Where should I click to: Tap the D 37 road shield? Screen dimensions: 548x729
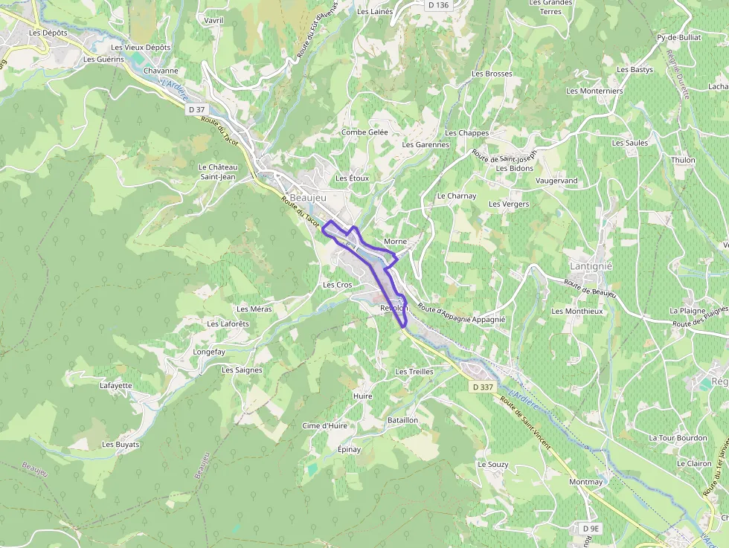pos(196,109)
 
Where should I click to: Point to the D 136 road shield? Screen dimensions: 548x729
pos(439,5)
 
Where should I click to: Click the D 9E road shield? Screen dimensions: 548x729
pos(591,529)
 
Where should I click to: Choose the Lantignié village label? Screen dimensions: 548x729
pos(591,265)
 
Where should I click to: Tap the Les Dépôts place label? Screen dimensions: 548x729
pos(48,33)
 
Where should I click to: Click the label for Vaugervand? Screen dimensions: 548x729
pos(556,181)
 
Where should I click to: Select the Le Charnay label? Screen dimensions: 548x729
pos(456,196)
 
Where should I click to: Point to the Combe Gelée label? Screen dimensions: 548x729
pos(364,132)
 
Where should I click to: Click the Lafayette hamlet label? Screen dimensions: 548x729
pos(116,386)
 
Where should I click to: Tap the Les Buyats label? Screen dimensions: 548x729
pos(121,445)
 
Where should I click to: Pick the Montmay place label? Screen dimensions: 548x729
pos(585,482)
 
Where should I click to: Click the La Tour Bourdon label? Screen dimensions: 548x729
pos(678,438)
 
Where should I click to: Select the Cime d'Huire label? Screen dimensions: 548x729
pos(324,426)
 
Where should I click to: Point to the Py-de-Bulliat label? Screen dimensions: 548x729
pos(680,37)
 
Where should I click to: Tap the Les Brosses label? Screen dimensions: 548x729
pos(492,74)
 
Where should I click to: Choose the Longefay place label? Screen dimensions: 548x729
pos(209,352)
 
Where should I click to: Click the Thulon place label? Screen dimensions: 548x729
pos(683,160)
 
